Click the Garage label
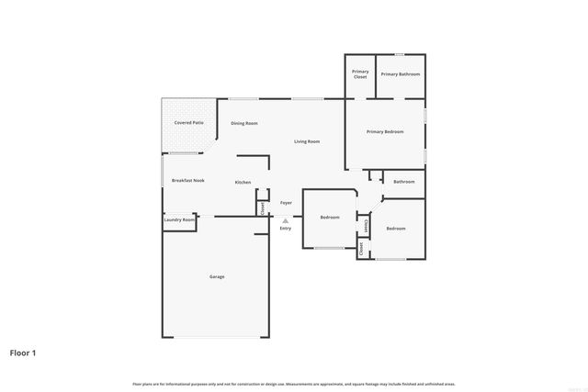coord(217,276)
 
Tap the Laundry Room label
coord(179,219)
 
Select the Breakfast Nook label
coord(187,181)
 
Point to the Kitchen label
coord(243,183)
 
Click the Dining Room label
coord(244,123)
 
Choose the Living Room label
coord(307,141)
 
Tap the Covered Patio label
coord(190,122)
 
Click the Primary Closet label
coord(360,74)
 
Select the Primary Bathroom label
coord(401,73)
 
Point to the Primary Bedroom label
coord(386,131)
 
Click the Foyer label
coord(287,202)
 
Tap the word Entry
coord(286,228)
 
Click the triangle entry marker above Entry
coord(286,220)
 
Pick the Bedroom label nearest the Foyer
coord(330,218)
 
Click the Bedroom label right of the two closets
coord(396,228)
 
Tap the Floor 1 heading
coord(23,352)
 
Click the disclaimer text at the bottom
coord(294,383)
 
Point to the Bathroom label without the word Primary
coord(404,182)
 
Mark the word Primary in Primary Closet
coord(360,72)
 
